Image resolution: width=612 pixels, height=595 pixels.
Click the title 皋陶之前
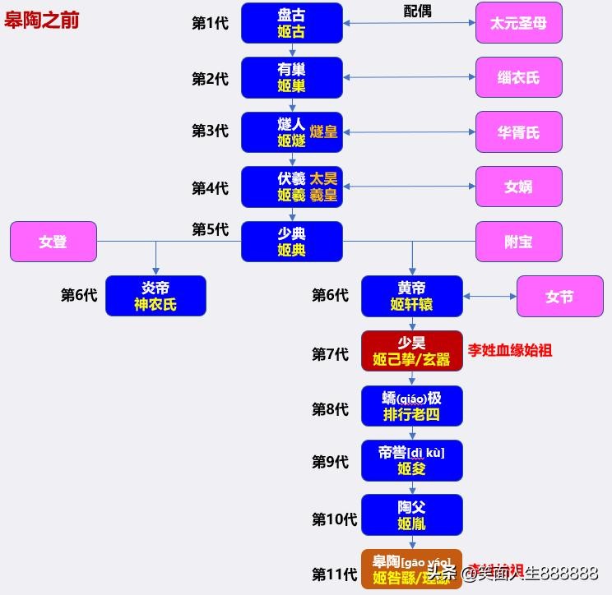click(x=42, y=21)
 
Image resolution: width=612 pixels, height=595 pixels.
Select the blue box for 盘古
click(x=291, y=23)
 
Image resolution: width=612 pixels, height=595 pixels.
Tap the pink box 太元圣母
click(x=518, y=23)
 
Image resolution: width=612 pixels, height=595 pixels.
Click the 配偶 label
click(x=417, y=11)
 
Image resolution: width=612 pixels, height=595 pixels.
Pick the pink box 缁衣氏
click(x=518, y=77)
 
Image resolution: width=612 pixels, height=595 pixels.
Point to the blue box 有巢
click(x=291, y=77)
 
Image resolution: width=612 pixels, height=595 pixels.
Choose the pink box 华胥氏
click(x=518, y=132)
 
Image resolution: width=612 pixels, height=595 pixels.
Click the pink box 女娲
click(x=518, y=187)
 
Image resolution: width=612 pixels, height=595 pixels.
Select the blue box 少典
click(x=291, y=242)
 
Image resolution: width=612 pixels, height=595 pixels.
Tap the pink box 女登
click(x=53, y=242)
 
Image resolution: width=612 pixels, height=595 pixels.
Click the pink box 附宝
click(x=518, y=242)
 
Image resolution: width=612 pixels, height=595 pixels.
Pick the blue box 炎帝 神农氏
click(x=155, y=296)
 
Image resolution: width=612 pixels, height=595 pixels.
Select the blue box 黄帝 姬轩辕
click(x=411, y=296)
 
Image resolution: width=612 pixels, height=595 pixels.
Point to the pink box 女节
click(x=559, y=296)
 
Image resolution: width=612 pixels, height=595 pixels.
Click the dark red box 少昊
click(x=411, y=351)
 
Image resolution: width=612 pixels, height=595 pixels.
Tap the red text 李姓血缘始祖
click(x=510, y=350)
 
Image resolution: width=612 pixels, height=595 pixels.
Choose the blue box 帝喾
click(x=411, y=460)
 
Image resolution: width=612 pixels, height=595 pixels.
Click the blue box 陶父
click(x=411, y=514)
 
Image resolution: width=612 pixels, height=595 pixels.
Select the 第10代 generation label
click(x=334, y=519)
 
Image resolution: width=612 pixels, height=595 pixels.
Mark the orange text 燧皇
click(x=324, y=131)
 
